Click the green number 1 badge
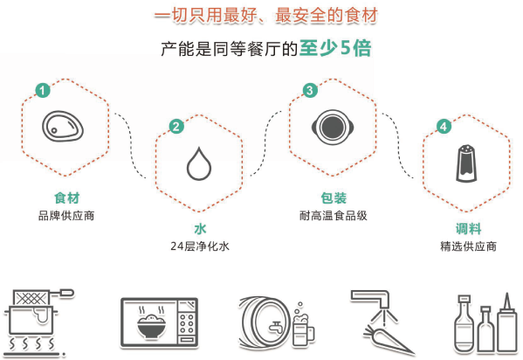(x=43, y=90)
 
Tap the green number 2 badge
(x=176, y=126)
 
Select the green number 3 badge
(x=310, y=90)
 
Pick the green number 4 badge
(x=444, y=126)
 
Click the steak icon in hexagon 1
(x=63, y=127)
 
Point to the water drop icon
(x=199, y=163)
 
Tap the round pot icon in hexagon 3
(x=332, y=128)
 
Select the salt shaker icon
(x=466, y=163)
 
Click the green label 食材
(x=66, y=198)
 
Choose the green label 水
(x=200, y=229)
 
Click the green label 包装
(x=334, y=198)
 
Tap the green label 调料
(x=468, y=229)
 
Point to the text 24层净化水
(x=200, y=246)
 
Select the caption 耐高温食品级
(x=334, y=216)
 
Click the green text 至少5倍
(x=335, y=48)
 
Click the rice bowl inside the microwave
(x=152, y=325)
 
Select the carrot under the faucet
(x=389, y=339)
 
